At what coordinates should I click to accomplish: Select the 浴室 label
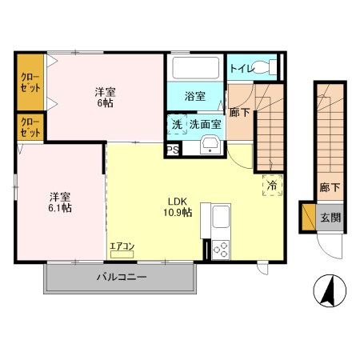(194, 96)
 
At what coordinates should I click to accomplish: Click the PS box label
(172, 150)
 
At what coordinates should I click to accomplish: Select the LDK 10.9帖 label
(178, 206)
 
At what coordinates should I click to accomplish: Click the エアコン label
(123, 247)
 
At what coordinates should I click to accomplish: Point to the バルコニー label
(121, 278)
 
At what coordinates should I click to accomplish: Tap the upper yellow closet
(30, 82)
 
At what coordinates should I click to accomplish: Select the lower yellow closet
(30, 127)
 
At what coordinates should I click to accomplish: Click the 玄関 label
(330, 216)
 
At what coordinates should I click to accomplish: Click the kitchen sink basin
(219, 216)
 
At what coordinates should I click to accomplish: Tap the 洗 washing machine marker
(177, 125)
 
